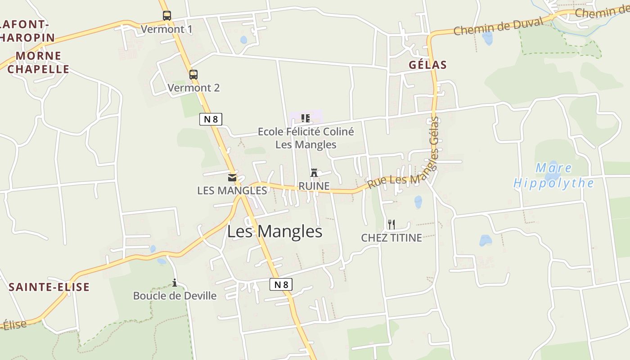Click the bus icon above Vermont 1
[167, 16]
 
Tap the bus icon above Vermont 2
[193, 75]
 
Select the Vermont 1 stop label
[166, 30]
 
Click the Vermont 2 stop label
[193, 88]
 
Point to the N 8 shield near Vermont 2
[211, 119]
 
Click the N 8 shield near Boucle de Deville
[281, 284]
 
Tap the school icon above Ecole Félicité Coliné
[306, 118]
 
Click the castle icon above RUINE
[314, 173]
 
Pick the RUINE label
[314, 186]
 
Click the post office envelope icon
[232, 178]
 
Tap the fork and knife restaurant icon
[391, 224]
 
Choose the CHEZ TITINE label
[391, 238]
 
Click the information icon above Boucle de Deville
[175, 283]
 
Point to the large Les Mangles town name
[274, 232]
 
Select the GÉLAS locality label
[427, 65]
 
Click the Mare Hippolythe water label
[553, 176]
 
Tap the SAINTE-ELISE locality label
[49, 287]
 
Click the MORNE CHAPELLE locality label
[38, 63]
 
